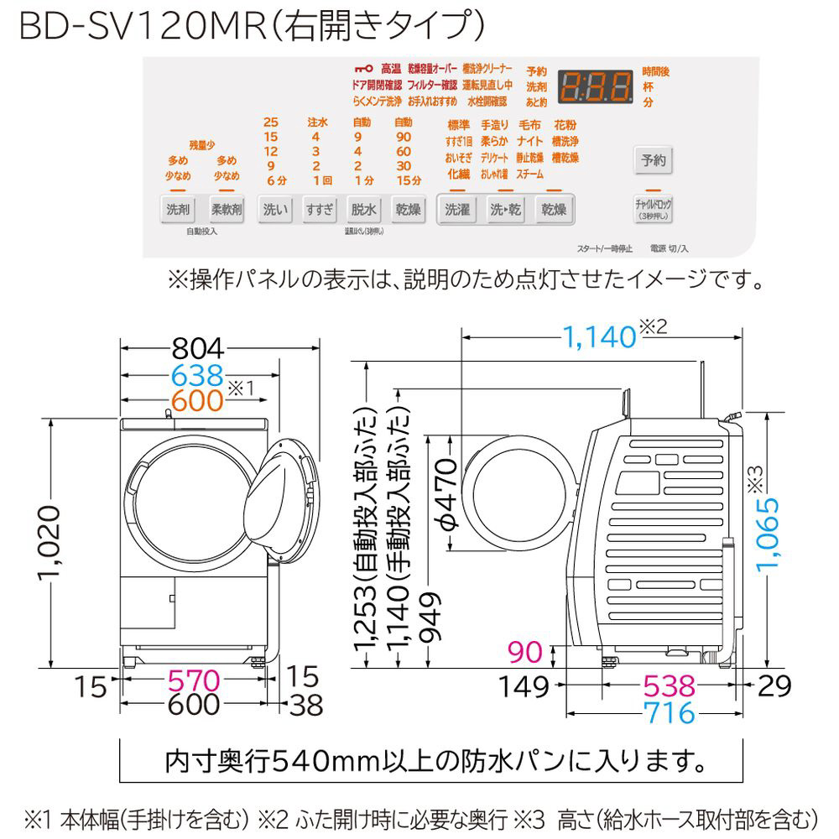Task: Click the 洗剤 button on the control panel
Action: [x=177, y=209]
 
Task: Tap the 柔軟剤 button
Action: [x=226, y=209]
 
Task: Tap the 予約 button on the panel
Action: [x=653, y=159]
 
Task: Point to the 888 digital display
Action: [x=596, y=85]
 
